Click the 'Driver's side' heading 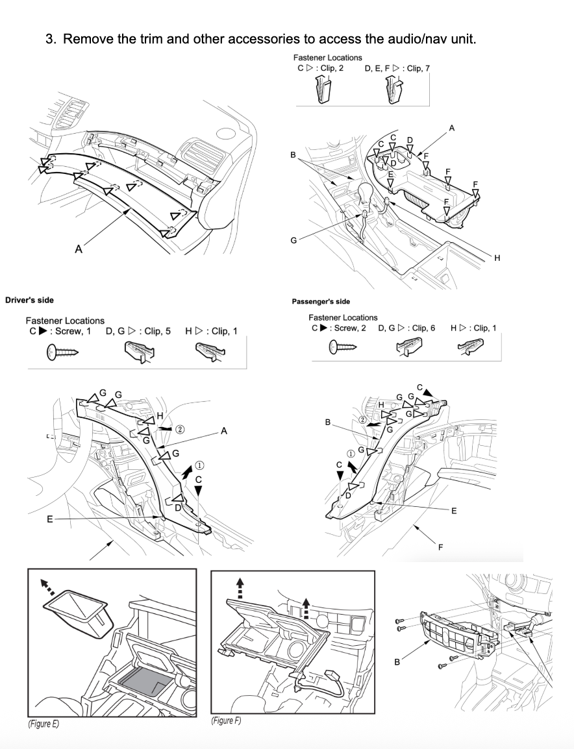click(x=29, y=300)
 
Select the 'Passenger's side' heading click(x=321, y=301)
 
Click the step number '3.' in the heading click(x=52, y=39)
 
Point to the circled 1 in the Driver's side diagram click(x=199, y=465)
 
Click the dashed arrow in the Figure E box click(x=49, y=587)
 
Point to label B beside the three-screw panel click(x=397, y=662)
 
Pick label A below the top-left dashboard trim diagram click(x=79, y=248)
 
